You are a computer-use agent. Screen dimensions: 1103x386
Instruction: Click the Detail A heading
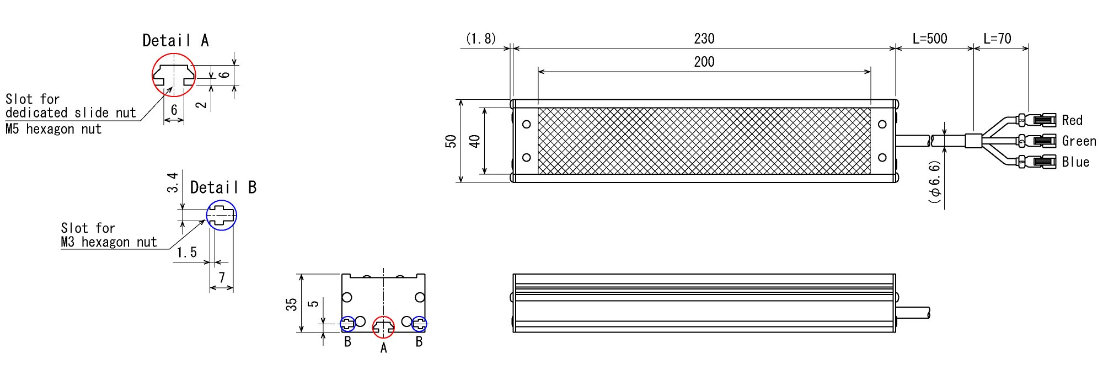click(x=175, y=40)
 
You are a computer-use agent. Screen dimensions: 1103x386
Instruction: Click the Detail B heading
click(x=223, y=187)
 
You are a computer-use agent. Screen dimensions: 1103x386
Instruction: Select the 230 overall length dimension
click(x=704, y=39)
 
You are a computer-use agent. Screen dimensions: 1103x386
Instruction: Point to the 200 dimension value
click(x=704, y=62)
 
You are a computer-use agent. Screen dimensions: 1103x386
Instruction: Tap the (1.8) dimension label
click(x=481, y=39)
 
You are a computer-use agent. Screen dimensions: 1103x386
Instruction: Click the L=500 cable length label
click(x=930, y=39)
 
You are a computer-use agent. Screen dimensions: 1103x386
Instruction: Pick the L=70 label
click(x=998, y=39)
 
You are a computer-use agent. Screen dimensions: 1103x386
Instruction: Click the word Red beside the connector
click(x=1072, y=120)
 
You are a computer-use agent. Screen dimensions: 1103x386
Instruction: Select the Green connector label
click(x=1079, y=141)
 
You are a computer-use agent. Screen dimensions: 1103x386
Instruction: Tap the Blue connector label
click(x=1075, y=162)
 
